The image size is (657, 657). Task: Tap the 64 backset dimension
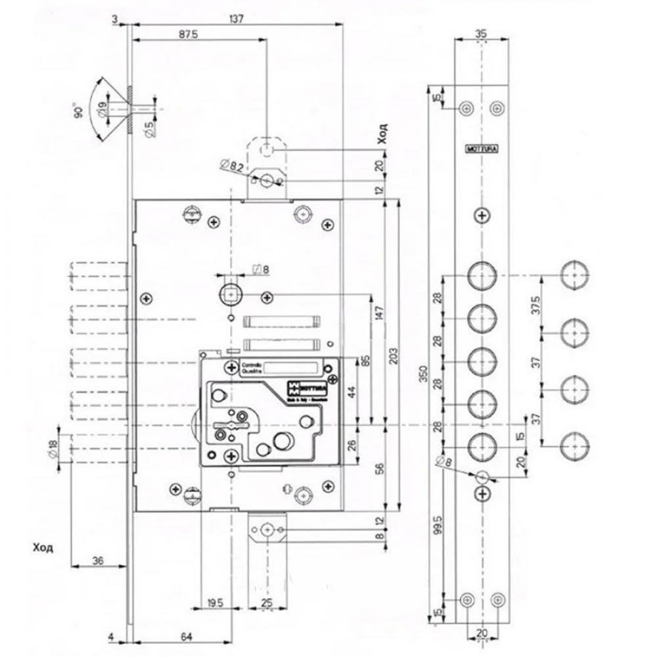pos(186,636)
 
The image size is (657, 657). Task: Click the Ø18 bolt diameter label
pos(53,449)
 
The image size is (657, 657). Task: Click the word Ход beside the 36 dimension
pos(42,546)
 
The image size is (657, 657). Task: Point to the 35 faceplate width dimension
pos(482,34)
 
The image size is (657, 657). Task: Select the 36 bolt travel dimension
pos(99,560)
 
